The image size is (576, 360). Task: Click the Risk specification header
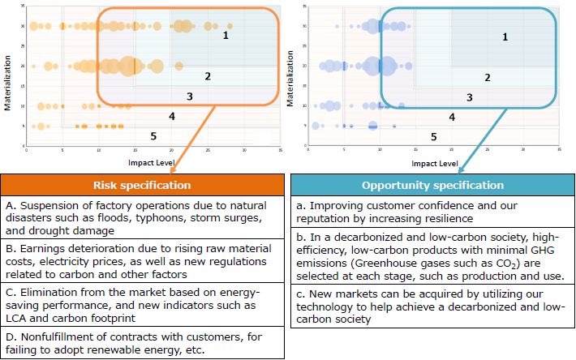[142, 185]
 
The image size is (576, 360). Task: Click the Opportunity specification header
[432, 185]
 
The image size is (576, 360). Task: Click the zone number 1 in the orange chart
[226, 35]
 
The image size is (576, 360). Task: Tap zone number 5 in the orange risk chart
[153, 135]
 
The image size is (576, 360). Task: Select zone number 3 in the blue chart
[469, 97]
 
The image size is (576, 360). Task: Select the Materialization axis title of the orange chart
[8, 77]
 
